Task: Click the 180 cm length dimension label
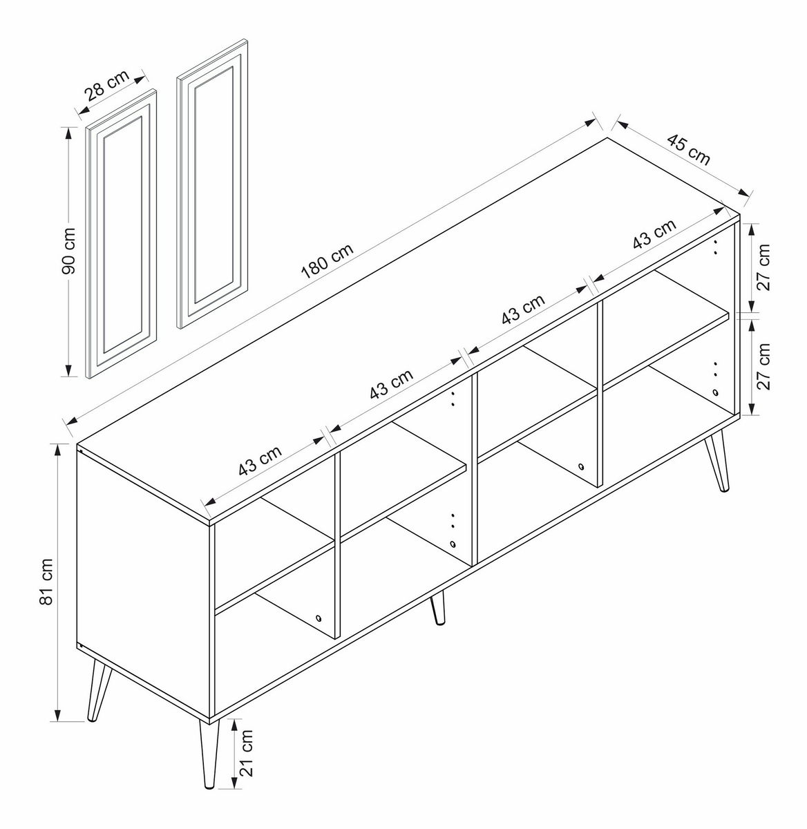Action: (x=327, y=261)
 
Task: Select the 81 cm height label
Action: (x=46, y=582)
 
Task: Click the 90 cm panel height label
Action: (x=68, y=251)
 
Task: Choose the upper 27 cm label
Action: (x=763, y=267)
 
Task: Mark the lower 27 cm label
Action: (x=763, y=366)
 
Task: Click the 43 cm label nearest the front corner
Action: (x=260, y=461)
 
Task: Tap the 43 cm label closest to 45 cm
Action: (x=654, y=234)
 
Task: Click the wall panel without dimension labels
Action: (x=212, y=184)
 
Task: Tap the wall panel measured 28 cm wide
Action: (x=122, y=234)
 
